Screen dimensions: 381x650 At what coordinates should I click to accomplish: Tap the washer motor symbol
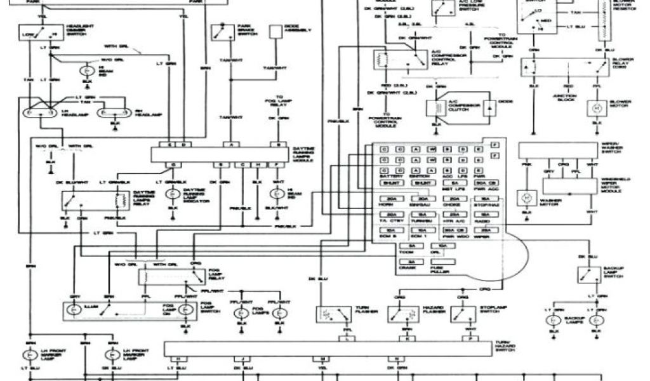[526, 197]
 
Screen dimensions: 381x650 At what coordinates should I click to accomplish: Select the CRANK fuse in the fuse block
[411, 261]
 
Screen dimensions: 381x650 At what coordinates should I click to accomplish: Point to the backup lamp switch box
[590, 274]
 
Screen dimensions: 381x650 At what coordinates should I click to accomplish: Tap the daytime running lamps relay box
[94, 201]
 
